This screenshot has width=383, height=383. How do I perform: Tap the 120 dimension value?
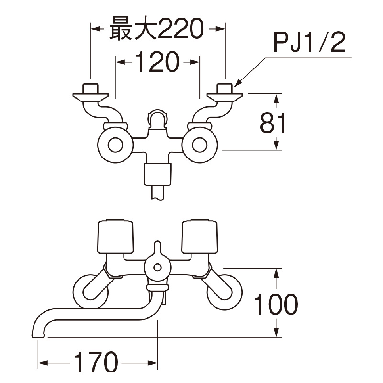point(158,62)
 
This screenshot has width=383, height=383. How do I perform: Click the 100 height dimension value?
point(275,304)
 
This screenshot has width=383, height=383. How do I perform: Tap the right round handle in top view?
point(201,145)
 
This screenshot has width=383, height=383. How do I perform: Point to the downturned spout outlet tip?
point(37,333)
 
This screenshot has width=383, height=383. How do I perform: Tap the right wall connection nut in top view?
point(225,89)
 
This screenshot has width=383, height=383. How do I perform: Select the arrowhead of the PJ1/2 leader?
point(237,84)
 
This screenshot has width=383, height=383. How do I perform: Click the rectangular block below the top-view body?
point(158,174)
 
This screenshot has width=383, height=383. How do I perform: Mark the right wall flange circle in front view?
point(225,291)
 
